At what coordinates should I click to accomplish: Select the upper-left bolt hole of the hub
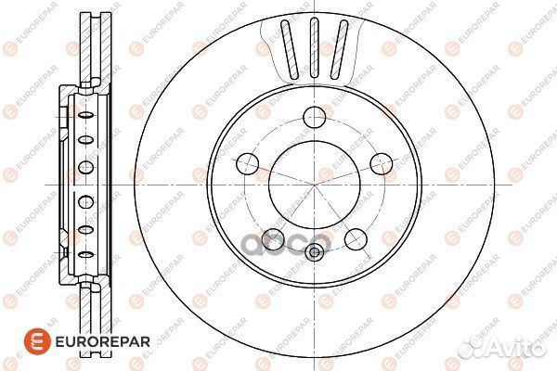248,165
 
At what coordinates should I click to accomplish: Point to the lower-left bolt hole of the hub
272,237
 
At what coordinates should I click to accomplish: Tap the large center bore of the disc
312,184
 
